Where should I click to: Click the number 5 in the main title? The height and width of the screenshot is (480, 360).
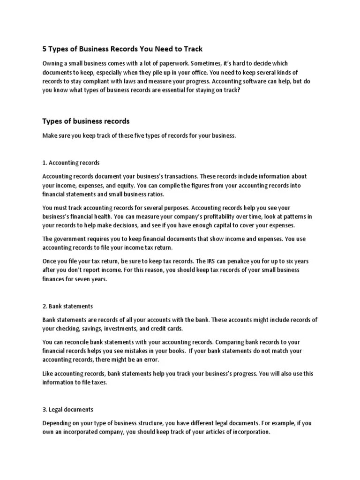pyautogui.click(x=45, y=49)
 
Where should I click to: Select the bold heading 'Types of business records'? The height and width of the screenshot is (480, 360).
pyautogui.click(x=86, y=121)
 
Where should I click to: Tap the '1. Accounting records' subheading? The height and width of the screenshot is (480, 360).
pyautogui.click(x=71, y=163)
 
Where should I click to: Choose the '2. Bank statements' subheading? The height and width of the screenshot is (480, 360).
pyautogui.click(x=67, y=306)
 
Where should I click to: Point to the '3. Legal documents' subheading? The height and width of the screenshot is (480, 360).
pyautogui.click(x=68, y=409)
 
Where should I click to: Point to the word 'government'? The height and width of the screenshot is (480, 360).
pyautogui.click(x=71, y=239)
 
